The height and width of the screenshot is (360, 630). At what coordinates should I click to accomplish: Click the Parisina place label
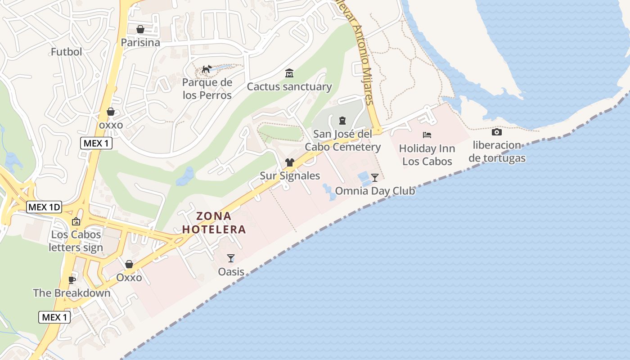click(140, 42)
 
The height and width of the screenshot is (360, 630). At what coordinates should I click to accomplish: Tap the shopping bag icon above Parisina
click(140, 29)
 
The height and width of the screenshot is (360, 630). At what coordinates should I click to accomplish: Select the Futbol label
click(66, 52)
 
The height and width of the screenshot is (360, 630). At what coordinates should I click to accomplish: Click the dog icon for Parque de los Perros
click(207, 69)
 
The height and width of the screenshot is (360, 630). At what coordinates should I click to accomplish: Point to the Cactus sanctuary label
click(289, 87)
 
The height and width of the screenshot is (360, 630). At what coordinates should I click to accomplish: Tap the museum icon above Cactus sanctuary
click(289, 73)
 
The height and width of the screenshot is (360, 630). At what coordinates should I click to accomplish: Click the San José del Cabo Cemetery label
click(342, 140)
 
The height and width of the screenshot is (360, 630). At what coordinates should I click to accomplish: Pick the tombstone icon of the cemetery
click(342, 120)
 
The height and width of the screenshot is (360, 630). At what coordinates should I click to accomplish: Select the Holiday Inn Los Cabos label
click(427, 155)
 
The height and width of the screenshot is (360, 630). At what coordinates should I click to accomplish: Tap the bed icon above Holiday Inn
click(427, 135)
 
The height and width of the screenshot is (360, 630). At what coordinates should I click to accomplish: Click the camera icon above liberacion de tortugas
click(497, 132)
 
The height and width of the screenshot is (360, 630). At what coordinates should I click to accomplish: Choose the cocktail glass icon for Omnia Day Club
click(374, 177)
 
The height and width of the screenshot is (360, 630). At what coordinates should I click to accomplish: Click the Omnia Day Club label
click(375, 191)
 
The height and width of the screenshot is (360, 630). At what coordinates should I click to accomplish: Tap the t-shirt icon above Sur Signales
click(290, 162)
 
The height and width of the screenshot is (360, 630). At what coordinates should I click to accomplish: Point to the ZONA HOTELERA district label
click(214, 223)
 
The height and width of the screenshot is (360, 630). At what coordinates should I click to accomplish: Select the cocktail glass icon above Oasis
click(231, 258)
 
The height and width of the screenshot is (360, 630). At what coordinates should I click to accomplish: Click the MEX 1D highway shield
click(44, 207)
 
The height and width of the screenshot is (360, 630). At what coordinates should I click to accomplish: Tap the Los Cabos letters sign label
click(76, 241)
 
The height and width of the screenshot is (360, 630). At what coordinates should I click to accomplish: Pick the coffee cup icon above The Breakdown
click(72, 280)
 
